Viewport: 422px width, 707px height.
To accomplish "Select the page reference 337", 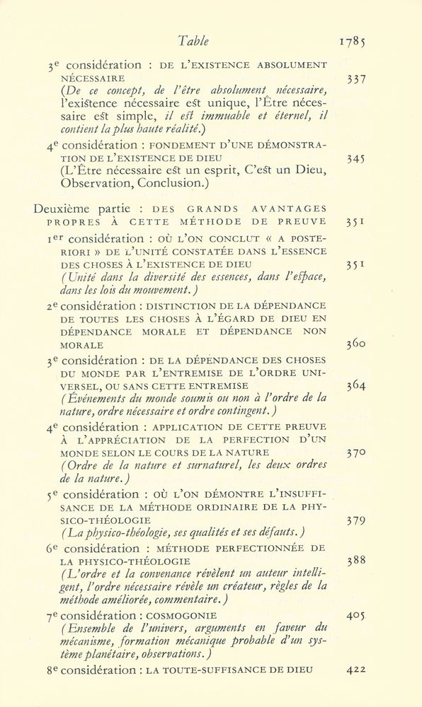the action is pos(357,79).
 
